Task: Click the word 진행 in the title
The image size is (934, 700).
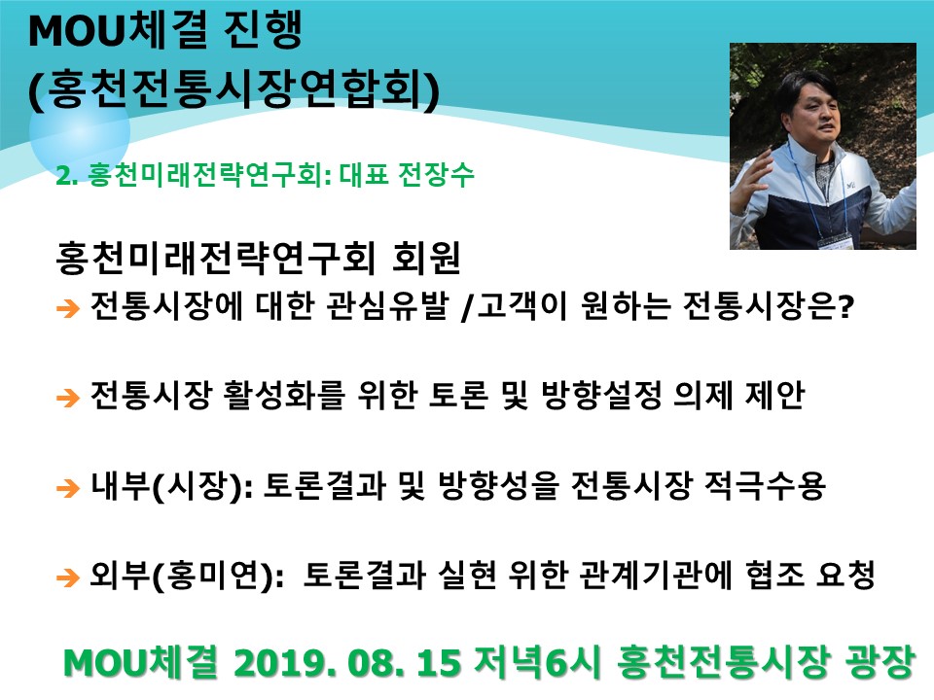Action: (263, 30)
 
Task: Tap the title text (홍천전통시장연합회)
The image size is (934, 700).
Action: (234, 89)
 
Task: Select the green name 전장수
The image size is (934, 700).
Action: (436, 174)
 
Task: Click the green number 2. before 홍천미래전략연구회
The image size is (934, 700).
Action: (67, 176)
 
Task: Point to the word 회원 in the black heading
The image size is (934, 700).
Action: (426, 258)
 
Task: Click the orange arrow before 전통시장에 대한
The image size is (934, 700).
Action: (68, 308)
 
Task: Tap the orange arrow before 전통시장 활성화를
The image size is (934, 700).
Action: (68, 397)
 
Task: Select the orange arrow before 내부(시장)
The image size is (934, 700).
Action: (68, 487)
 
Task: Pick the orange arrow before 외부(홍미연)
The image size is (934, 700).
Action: (68, 577)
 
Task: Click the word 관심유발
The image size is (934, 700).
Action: (387, 305)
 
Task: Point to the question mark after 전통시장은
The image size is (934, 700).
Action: (845, 306)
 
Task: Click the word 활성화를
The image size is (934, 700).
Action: (283, 395)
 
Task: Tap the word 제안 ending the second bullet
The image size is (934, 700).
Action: (775, 395)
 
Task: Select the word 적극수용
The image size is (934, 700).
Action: (765, 485)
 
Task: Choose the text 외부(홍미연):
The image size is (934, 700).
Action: (187, 576)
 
